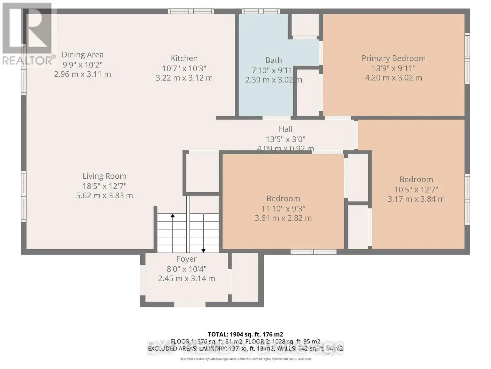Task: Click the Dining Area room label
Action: pos(82,55)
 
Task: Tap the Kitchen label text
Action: pos(184,58)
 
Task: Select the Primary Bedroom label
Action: pos(393,58)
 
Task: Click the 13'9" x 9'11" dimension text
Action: pos(393,68)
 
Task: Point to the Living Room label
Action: pos(104,176)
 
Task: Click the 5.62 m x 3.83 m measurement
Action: pos(104,196)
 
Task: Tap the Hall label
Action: pos(285,129)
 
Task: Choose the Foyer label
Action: pos(187,259)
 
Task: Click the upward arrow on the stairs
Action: pos(173,216)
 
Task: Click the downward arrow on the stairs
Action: pos(203,250)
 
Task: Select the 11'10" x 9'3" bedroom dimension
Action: pos(283,208)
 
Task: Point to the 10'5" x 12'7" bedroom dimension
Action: pos(416,189)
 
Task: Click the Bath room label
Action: pos(273,60)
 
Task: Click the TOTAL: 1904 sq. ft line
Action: pos(245,334)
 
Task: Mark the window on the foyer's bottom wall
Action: pos(190,304)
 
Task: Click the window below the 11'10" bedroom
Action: pos(313,252)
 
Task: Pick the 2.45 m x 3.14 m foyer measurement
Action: pos(187,279)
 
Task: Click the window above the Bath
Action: pos(261,11)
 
